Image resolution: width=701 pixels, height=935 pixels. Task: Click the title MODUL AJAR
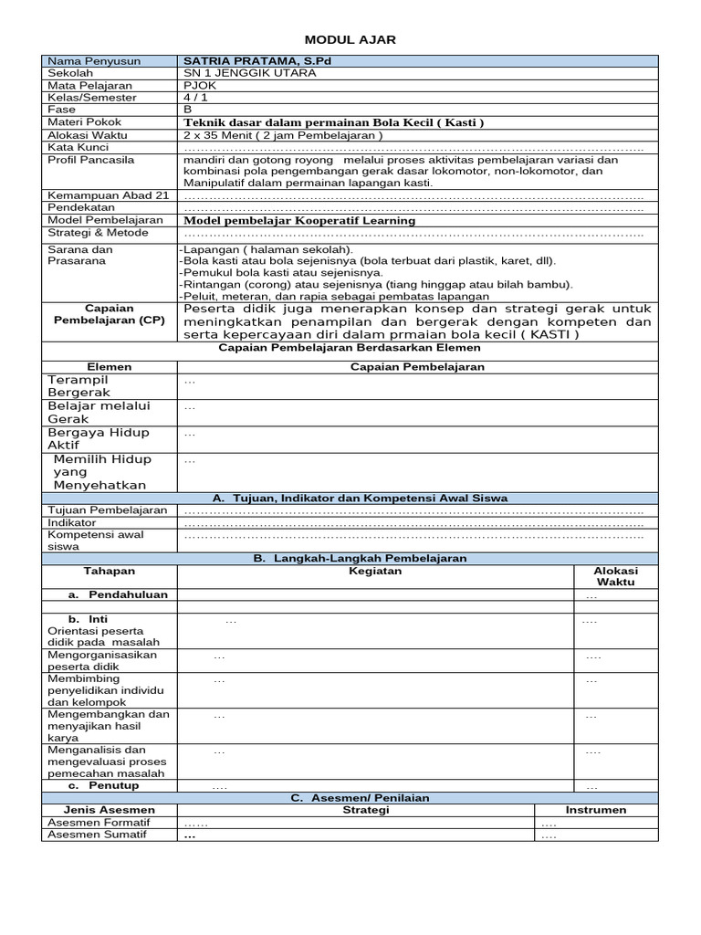click(x=350, y=40)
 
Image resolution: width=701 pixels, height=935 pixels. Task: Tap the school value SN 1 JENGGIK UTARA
click(x=250, y=73)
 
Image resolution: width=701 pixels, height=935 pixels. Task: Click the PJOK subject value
click(x=200, y=85)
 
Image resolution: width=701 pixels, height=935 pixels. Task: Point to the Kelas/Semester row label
click(x=92, y=97)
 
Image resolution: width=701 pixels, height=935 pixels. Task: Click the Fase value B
click(x=188, y=109)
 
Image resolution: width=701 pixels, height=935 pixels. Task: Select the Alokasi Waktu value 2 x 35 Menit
click(x=282, y=134)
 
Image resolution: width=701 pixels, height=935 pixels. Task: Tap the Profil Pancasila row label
click(x=90, y=160)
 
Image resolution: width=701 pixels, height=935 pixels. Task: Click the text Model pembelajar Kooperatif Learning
click(x=299, y=220)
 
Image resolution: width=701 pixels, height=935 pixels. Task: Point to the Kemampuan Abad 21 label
click(x=108, y=195)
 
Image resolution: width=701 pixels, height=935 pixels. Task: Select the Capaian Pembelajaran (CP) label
click(x=109, y=314)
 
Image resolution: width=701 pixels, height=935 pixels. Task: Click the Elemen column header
click(x=109, y=366)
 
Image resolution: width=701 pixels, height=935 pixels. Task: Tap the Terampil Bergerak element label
click(x=79, y=385)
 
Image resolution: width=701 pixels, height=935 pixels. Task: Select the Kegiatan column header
click(x=374, y=571)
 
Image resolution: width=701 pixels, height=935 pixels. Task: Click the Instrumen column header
click(x=596, y=810)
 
